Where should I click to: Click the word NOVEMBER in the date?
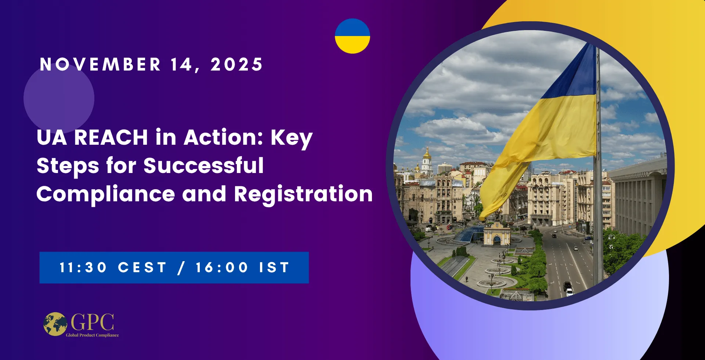pyautogui.click(x=100, y=65)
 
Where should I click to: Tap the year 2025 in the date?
pyautogui.click(x=236, y=65)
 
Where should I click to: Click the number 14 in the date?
pyautogui.click(x=182, y=65)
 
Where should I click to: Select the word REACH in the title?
pyautogui.click(x=111, y=137)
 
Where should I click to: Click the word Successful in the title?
pyautogui.click(x=203, y=166)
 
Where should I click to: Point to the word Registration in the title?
pyautogui.click(x=303, y=194)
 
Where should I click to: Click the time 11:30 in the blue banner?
pyautogui.click(x=83, y=267)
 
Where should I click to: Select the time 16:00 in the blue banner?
pyautogui.click(x=222, y=267)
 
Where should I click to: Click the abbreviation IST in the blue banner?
pyautogui.click(x=274, y=267)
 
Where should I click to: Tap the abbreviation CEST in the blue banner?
pyautogui.click(x=142, y=267)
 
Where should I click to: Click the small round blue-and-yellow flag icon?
pyautogui.click(x=352, y=36)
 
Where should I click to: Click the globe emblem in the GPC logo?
pyautogui.click(x=55, y=324)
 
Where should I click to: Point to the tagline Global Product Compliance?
pyautogui.click(x=92, y=335)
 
